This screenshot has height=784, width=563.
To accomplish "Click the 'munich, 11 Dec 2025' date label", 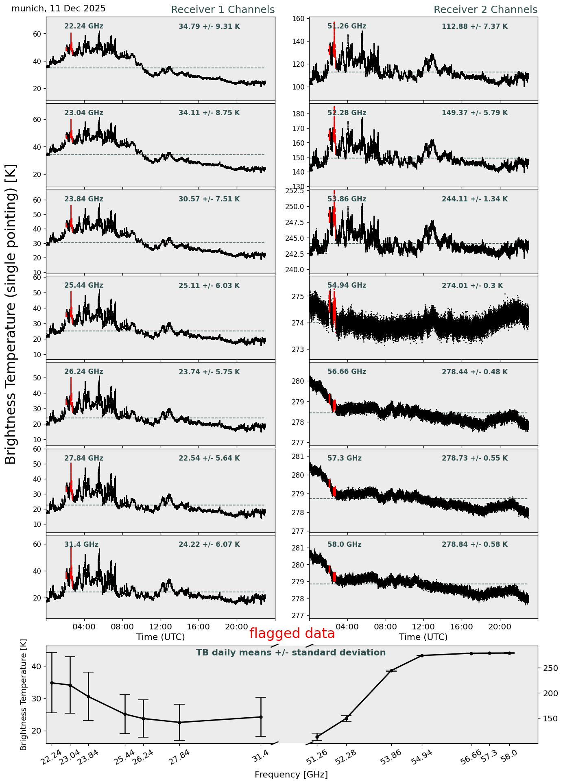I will [x=59, y=9].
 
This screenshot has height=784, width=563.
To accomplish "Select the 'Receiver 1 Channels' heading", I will [x=223, y=10].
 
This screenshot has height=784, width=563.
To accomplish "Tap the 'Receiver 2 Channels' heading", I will [x=485, y=10].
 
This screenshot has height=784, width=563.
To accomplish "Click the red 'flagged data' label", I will [x=292, y=633].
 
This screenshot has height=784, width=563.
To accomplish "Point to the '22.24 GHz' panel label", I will [x=84, y=26].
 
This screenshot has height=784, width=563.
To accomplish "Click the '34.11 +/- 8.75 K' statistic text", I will [x=209, y=113].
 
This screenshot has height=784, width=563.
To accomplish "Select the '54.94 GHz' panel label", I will [x=347, y=286].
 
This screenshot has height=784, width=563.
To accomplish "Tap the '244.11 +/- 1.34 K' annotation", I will [x=475, y=199].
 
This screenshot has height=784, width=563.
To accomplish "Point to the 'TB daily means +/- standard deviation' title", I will [x=291, y=653].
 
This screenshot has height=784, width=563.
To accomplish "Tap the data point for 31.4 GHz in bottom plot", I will [x=261, y=717].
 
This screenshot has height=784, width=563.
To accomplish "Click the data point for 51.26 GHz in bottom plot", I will [x=317, y=737].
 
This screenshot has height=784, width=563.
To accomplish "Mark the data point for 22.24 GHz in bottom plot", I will [x=52, y=683].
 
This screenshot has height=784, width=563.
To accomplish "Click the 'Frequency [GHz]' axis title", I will [x=291, y=775].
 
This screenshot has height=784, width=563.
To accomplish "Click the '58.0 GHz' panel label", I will [x=344, y=544].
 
